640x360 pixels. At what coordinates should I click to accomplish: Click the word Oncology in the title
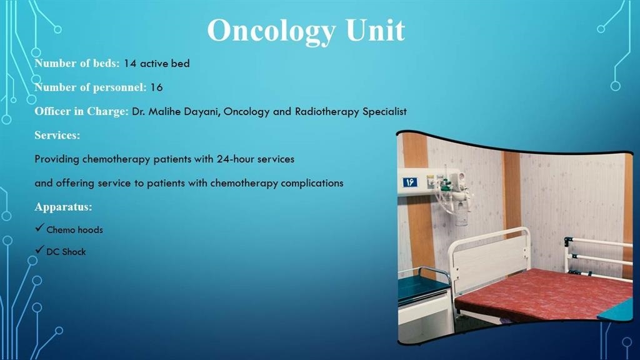coord(271,31)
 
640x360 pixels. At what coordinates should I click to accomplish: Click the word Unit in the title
coord(375,30)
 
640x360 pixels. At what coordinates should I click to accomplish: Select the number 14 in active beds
coord(130,63)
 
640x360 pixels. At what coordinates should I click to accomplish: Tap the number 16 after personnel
coord(156,87)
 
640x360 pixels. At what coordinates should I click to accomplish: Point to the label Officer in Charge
coord(82,111)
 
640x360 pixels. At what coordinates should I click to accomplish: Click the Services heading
coord(57,135)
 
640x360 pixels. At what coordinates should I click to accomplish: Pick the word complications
coord(312,183)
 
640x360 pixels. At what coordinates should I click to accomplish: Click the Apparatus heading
coord(63,207)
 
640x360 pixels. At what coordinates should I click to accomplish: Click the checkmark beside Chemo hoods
coord(39,227)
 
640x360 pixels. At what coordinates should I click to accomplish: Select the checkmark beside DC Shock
coord(39,249)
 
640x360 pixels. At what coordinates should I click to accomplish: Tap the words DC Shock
coord(66,252)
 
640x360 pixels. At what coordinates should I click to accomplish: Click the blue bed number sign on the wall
coord(410,182)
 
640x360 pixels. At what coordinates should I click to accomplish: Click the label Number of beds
coord(77,63)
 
